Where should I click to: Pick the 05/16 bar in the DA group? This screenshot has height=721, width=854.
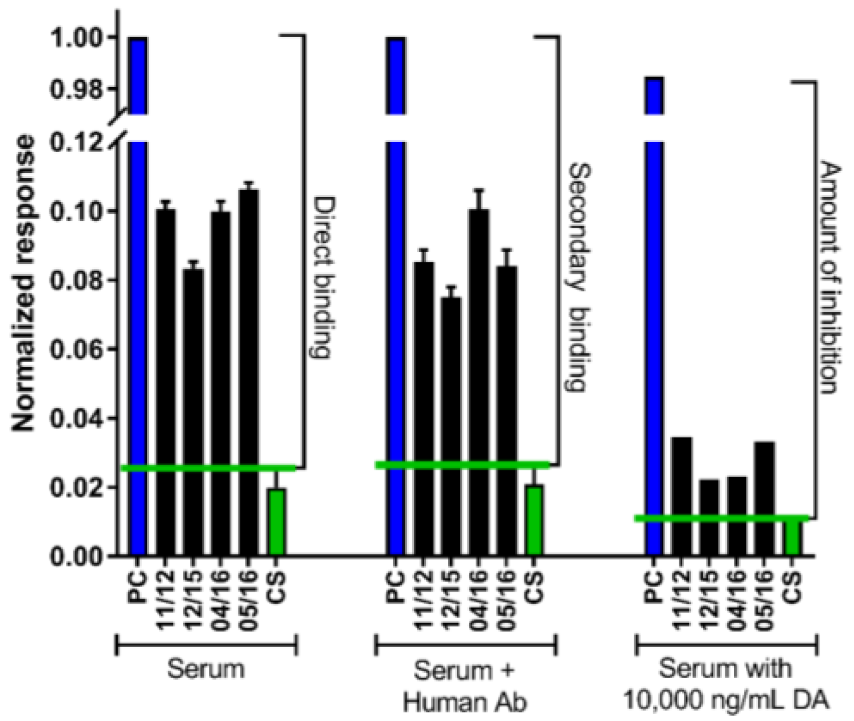point(764,498)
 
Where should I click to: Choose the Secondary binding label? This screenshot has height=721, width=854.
point(578,278)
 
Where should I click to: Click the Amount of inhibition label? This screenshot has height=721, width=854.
point(831,278)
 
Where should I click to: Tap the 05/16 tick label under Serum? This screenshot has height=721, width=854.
point(248,601)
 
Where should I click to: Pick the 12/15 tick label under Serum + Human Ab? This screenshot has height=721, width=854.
point(451,601)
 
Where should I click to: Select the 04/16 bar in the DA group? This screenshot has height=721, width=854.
point(737,515)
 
